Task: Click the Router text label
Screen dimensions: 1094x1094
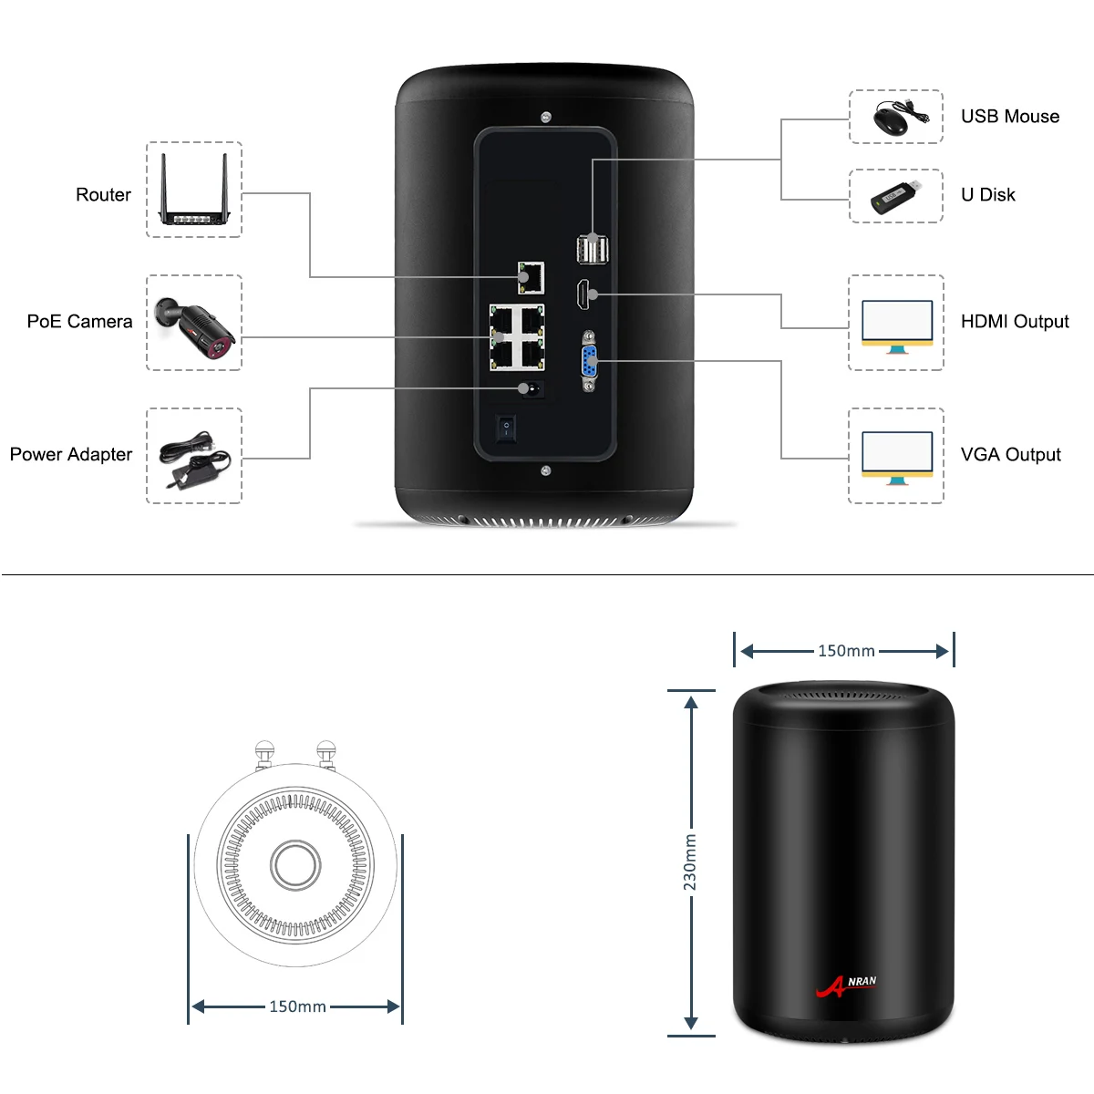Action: coord(103,194)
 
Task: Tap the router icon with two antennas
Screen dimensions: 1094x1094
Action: coord(194,190)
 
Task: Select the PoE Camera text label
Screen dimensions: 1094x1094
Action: coord(79,321)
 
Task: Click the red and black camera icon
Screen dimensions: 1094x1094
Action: coord(194,324)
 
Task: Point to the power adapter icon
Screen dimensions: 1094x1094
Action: coord(194,457)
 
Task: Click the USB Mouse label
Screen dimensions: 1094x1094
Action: coord(1010,116)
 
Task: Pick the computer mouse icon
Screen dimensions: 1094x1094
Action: coord(895,118)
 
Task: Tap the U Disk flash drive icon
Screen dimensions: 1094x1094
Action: coord(895,196)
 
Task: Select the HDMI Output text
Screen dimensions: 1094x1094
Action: coord(1015,321)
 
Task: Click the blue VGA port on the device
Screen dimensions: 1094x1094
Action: coord(589,361)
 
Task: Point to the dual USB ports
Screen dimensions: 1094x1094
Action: coord(592,249)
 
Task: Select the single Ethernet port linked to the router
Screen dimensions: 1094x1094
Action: coord(531,277)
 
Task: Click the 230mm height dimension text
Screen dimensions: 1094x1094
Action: coord(690,862)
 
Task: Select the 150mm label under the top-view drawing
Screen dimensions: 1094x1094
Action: coord(297,1006)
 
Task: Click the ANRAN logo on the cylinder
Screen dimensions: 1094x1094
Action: coord(846,986)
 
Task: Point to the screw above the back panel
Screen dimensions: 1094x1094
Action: coord(546,117)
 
